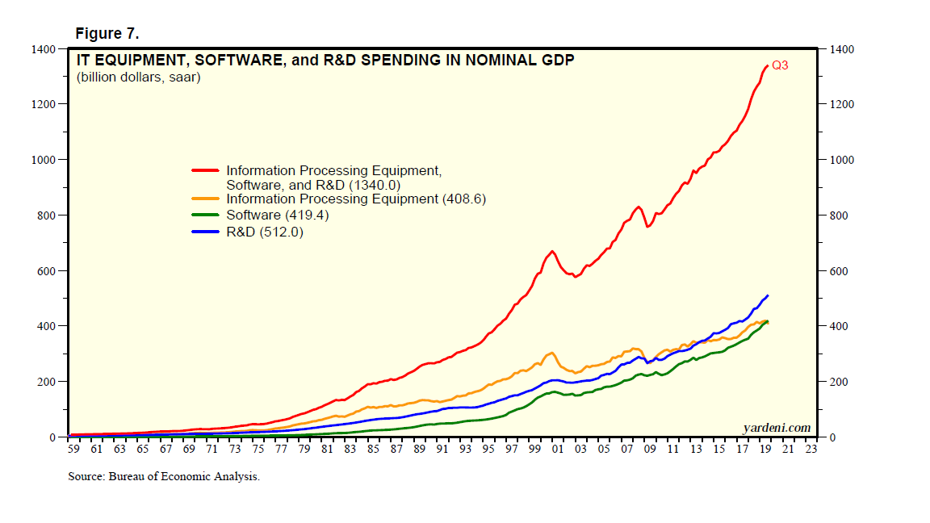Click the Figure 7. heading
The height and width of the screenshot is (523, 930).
coord(107,34)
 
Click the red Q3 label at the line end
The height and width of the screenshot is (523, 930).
coord(780,66)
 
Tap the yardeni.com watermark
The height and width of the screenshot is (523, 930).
coord(777,427)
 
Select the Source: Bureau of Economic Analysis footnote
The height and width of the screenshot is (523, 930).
coord(164,477)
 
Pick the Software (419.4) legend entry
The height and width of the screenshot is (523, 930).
coord(278,215)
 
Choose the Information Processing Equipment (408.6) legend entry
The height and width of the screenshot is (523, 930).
coord(356,199)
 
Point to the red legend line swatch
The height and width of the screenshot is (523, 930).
coord(206,171)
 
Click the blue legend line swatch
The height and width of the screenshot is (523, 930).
coord(206,232)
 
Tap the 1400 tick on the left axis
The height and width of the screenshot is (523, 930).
coord(44,50)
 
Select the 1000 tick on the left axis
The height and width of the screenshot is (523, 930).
coord(44,160)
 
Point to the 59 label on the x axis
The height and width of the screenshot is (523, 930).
coord(74,450)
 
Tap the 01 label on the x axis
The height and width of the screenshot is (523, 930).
coord(558,450)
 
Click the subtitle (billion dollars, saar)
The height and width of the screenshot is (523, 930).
coord(138,78)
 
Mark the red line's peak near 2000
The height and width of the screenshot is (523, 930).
coord(552,251)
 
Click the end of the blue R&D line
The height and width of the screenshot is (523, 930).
coord(767,295)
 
